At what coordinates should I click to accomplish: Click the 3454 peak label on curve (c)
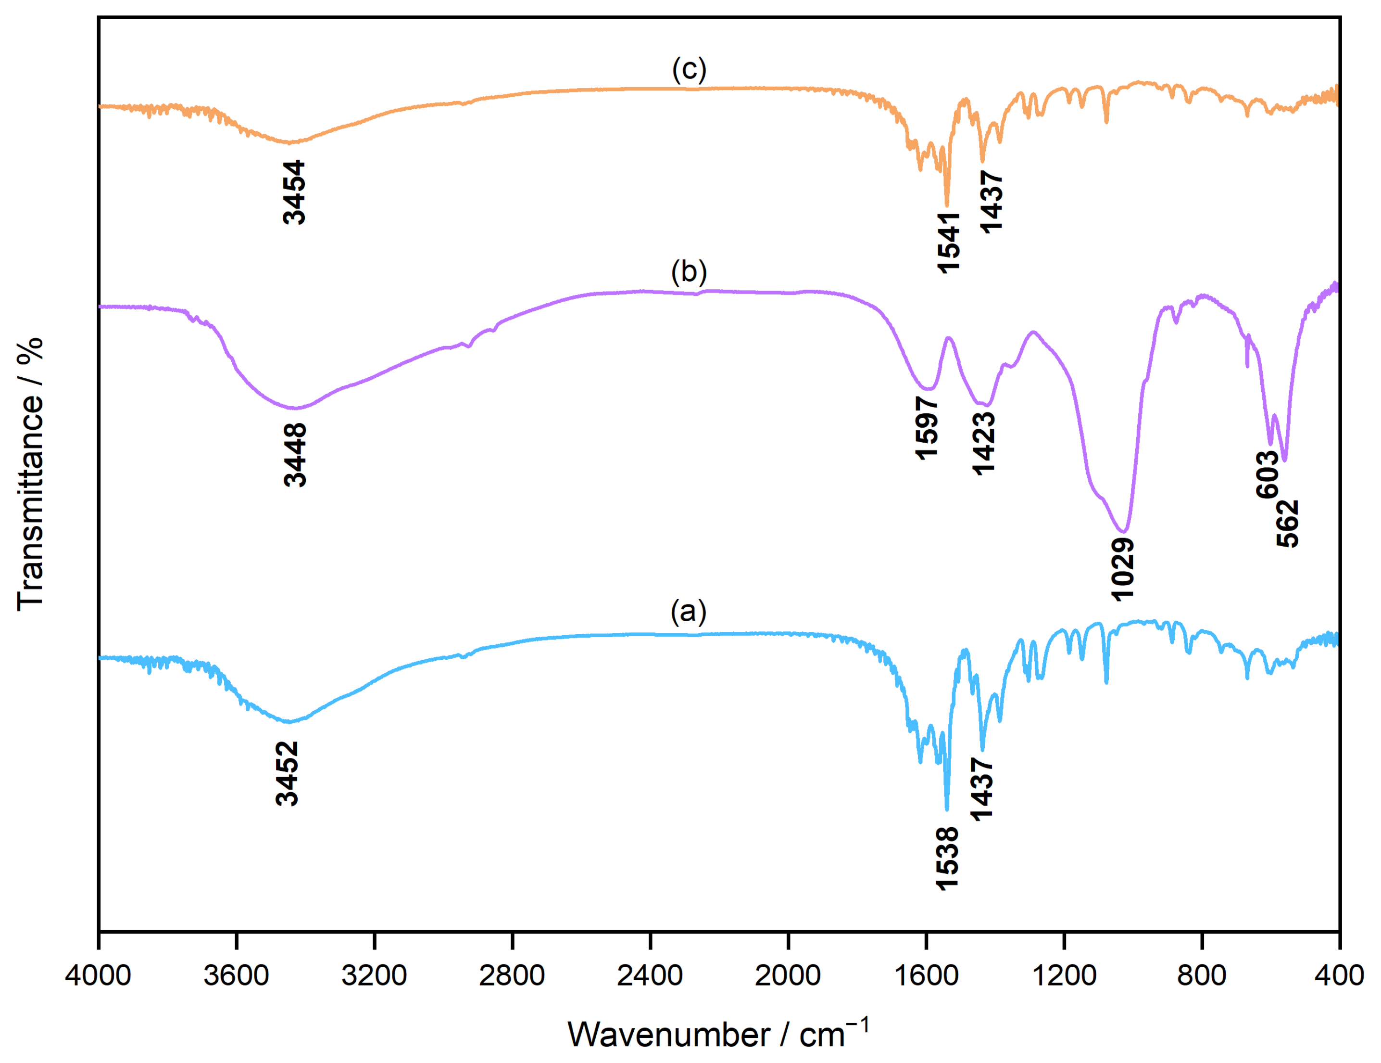click(294, 192)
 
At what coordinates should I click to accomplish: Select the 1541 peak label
click(949, 243)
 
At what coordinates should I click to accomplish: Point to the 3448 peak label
click(295, 454)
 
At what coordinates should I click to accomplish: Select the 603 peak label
click(1267, 474)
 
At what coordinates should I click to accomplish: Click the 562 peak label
click(1287, 523)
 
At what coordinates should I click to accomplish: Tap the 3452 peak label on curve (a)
click(287, 773)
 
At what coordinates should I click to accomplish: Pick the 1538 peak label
click(947, 858)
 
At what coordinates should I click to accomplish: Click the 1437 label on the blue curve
click(981, 790)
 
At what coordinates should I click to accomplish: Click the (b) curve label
click(689, 271)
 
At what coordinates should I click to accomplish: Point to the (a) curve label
click(689, 611)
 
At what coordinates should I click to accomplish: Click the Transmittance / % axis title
click(30, 474)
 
